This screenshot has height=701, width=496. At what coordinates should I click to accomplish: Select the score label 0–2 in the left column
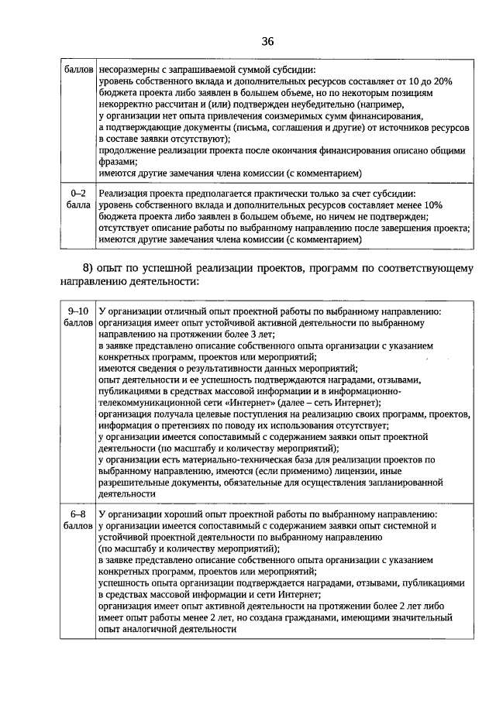[77, 192]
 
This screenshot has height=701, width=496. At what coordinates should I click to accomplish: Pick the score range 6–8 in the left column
[77, 514]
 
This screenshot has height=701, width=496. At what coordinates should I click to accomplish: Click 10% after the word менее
[432, 204]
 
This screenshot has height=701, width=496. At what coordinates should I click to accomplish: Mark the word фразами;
[118, 161]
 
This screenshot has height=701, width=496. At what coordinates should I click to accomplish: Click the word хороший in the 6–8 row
[189, 514]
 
